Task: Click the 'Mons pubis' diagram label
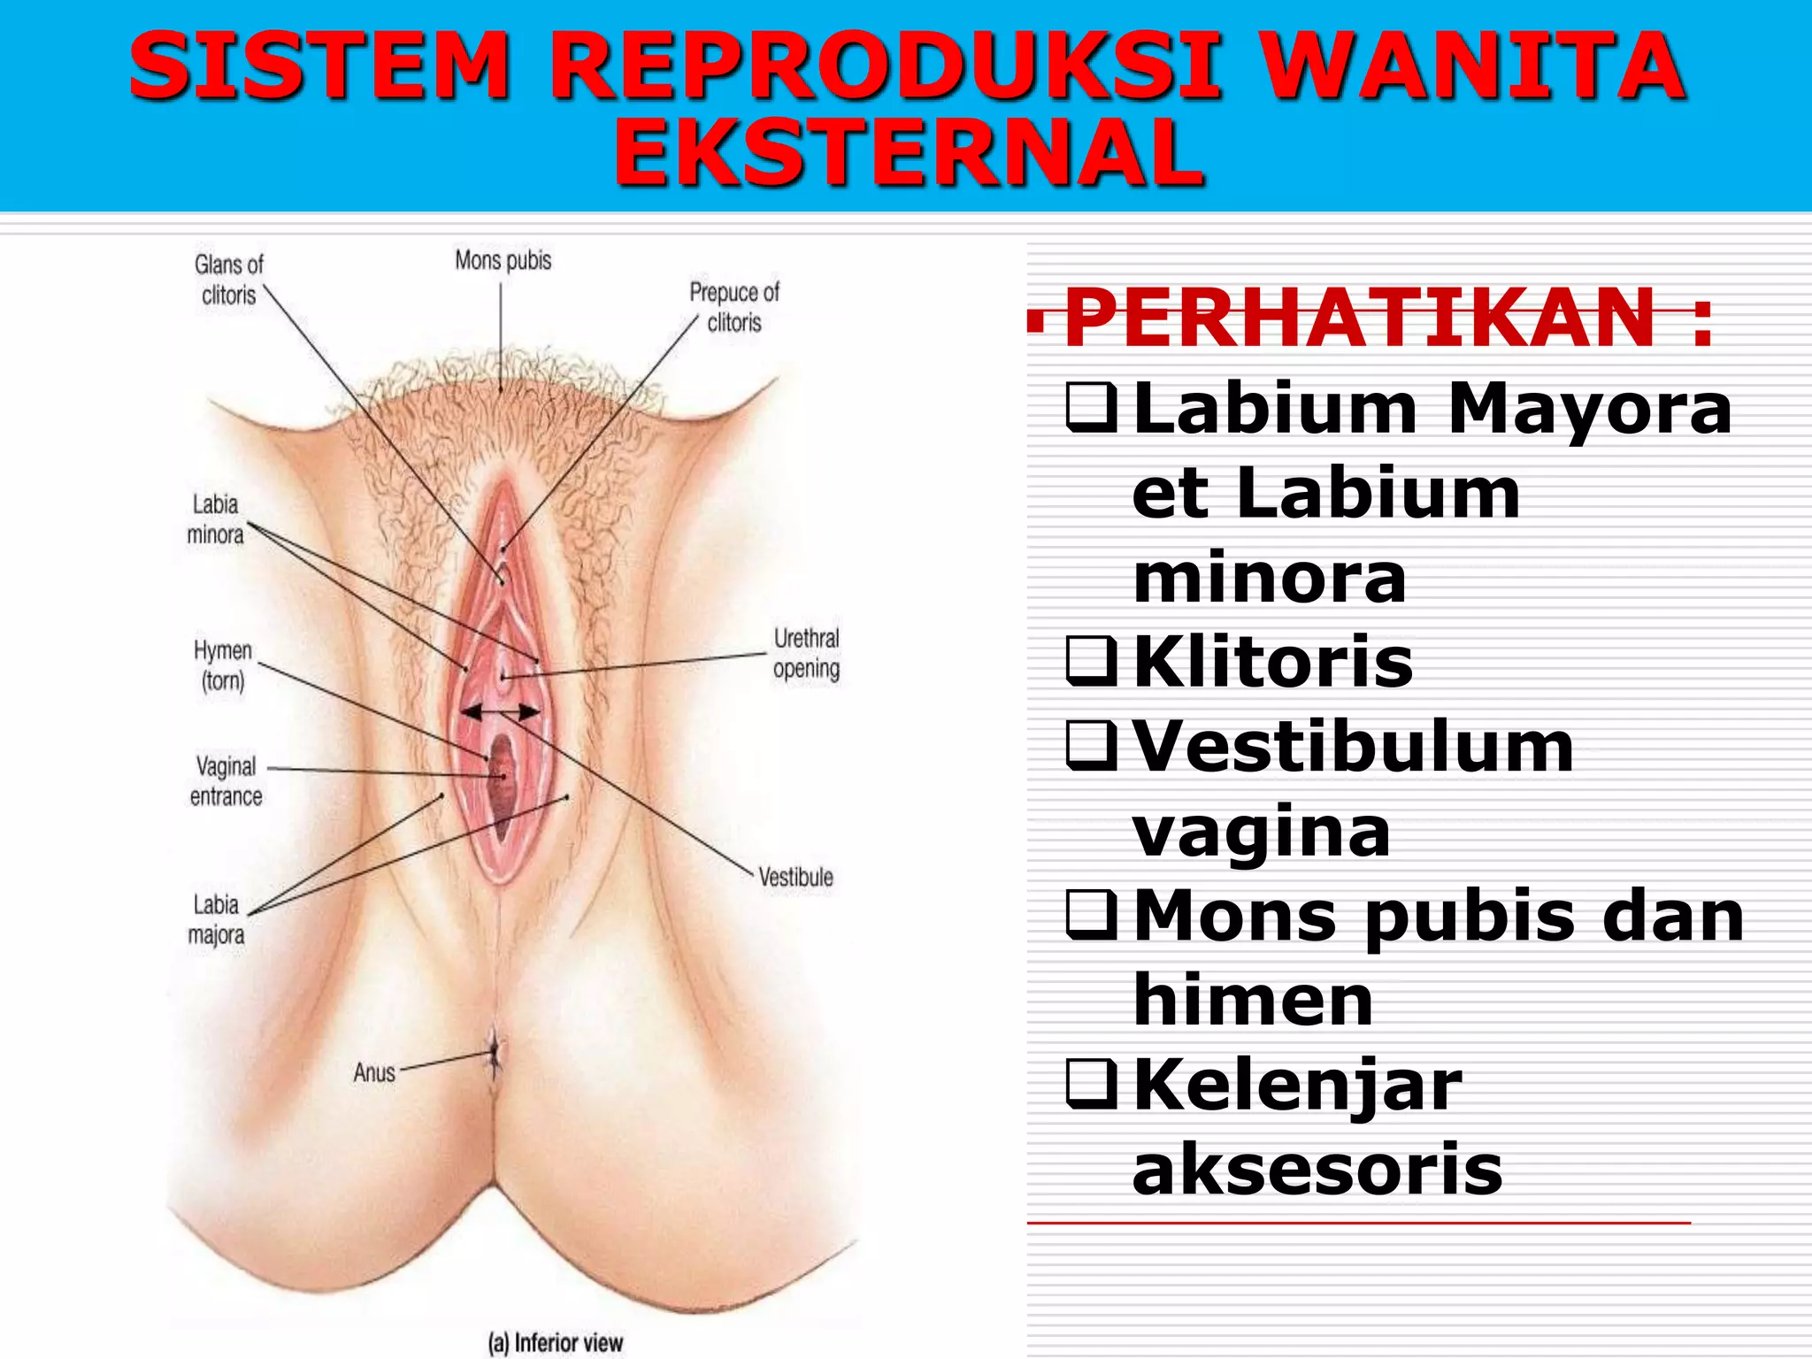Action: [x=503, y=260]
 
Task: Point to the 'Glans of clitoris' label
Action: [x=228, y=280]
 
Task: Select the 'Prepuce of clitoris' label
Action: [x=734, y=307]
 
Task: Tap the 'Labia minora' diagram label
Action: [x=215, y=519]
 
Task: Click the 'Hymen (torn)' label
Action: [x=223, y=665]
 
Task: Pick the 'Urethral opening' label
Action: [x=806, y=653]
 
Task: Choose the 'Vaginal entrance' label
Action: [x=226, y=780]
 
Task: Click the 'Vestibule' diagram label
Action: [x=795, y=877]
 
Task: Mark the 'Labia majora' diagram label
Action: [x=216, y=919]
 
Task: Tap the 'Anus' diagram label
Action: [x=374, y=1072]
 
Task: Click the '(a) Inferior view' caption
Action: [x=556, y=1342]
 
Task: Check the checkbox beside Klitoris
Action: [x=1092, y=661]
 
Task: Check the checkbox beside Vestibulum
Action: [x=1092, y=745]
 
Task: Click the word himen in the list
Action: [x=1253, y=1000]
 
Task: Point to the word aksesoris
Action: [x=1317, y=1169]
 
